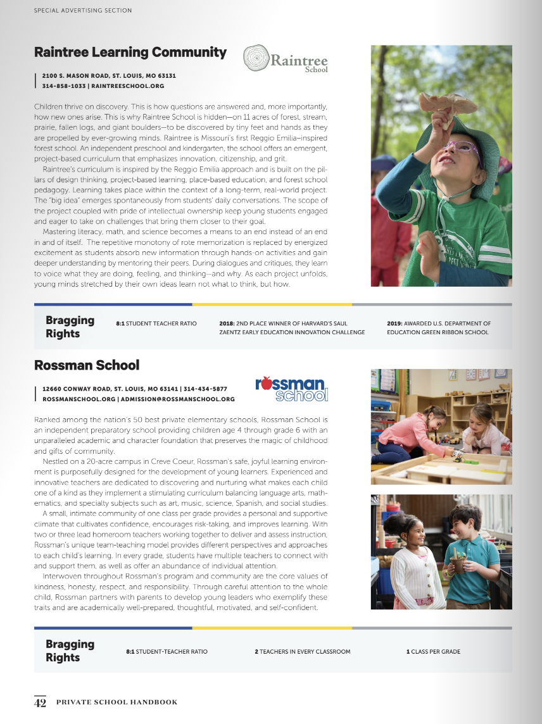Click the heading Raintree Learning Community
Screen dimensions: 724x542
click(130, 53)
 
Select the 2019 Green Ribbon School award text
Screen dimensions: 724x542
click(438, 327)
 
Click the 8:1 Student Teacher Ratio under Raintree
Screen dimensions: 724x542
click(156, 323)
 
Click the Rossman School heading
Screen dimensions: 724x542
click(86, 365)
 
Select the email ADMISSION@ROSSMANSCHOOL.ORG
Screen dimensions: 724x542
click(177, 399)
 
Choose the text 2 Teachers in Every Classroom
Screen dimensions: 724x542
click(302, 651)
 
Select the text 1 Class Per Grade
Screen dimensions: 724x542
click(433, 651)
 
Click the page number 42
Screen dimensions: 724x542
click(40, 702)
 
